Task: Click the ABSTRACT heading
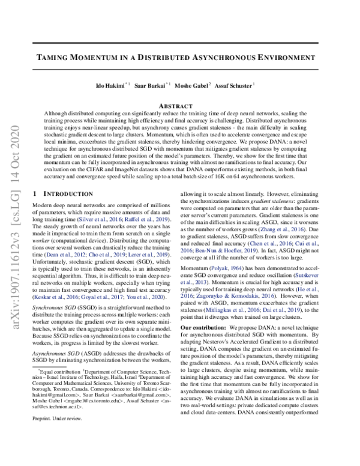(x=179, y=105)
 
